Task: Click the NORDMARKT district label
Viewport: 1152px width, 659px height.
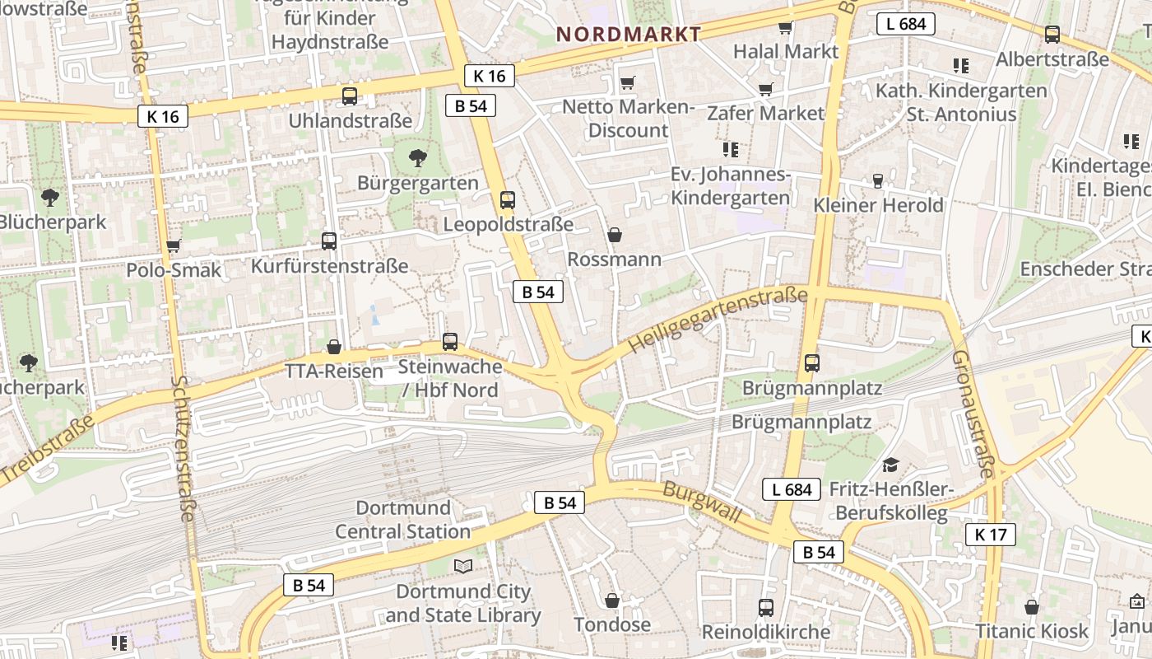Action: (629, 34)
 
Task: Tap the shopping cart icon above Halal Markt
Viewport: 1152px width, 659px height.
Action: (785, 27)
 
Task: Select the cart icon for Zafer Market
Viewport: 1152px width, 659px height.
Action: (765, 89)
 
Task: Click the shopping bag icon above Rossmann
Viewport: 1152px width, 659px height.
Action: (614, 235)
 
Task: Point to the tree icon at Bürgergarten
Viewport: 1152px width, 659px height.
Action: (418, 157)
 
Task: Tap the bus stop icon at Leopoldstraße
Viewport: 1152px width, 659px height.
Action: (508, 199)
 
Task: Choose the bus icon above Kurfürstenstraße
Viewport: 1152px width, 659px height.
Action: (329, 241)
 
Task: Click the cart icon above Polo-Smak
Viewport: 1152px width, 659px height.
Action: (174, 245)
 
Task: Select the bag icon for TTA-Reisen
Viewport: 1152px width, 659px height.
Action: (334, 347)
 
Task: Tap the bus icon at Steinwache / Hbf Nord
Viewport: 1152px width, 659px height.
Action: (450, 341)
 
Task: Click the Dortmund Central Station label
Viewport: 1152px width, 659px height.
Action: (402, 520)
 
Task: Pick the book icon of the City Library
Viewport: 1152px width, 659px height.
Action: (463, 566)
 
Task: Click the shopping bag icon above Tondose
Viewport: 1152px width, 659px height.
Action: (611, 600)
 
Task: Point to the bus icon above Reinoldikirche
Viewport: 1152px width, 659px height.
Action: (766, 607)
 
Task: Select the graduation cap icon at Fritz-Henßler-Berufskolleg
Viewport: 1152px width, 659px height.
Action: (890, 465)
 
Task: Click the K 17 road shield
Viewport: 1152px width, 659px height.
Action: (990, 535)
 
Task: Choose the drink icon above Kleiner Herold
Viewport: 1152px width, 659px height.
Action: (878, 180)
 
